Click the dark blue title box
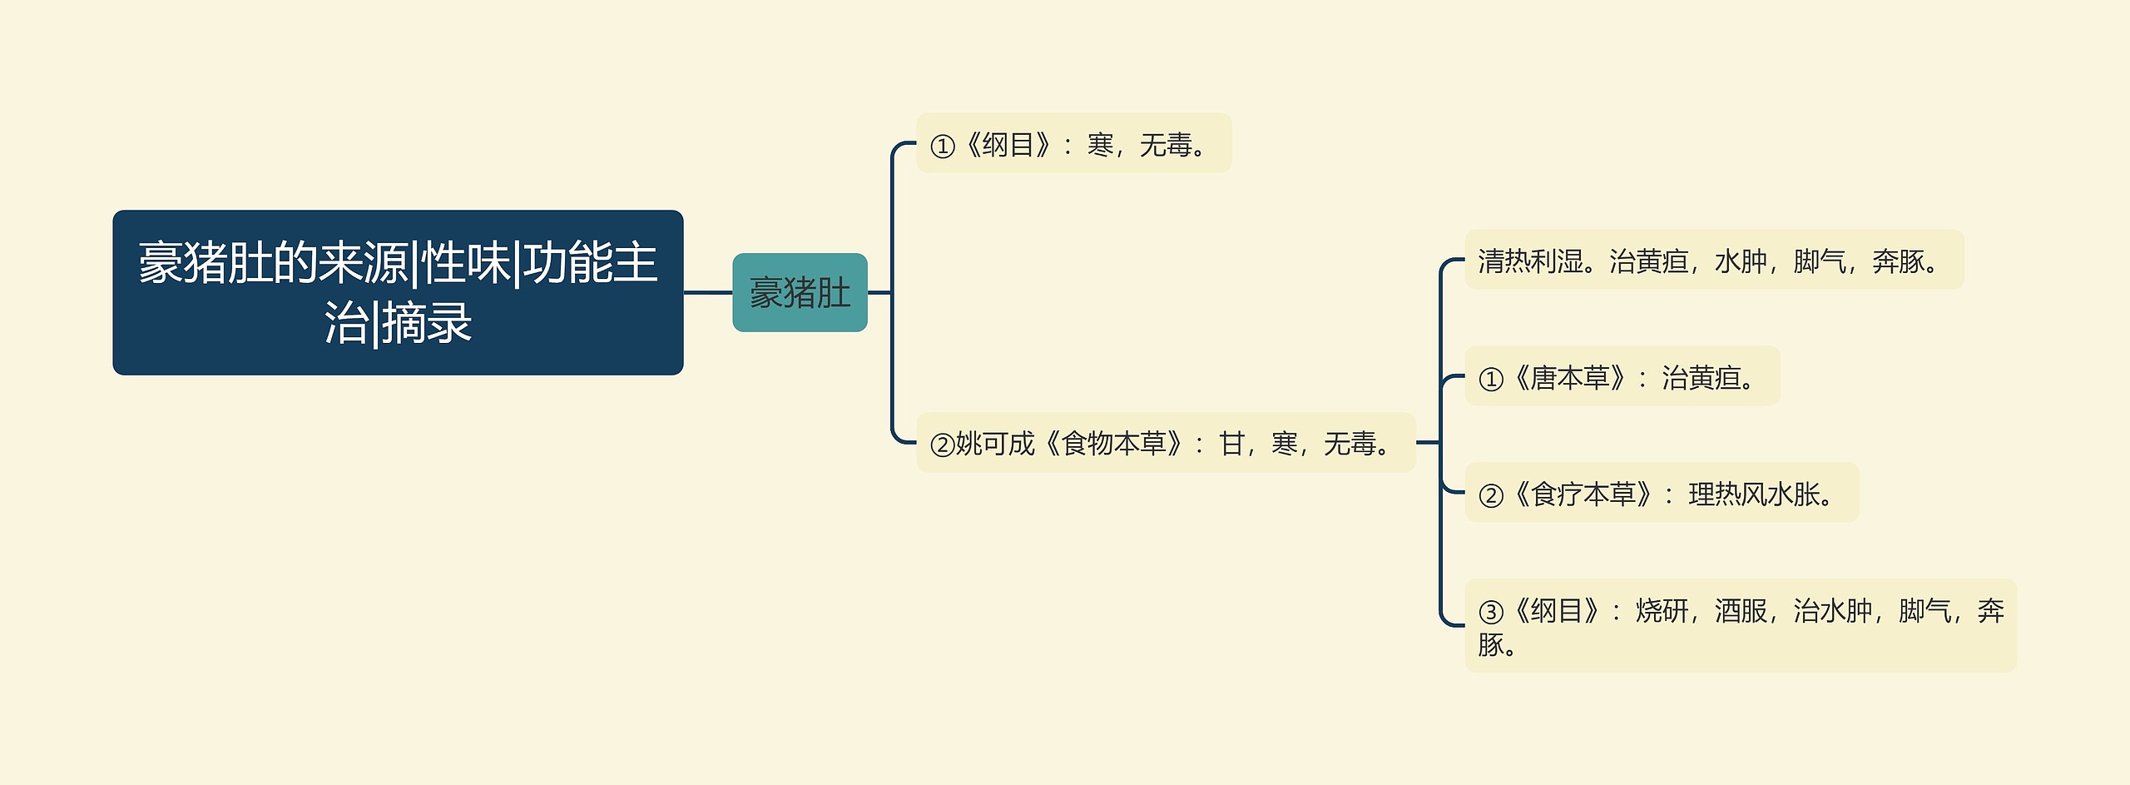398,292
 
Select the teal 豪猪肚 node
800,293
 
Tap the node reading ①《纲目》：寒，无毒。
1073,144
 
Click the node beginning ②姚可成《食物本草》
1165,443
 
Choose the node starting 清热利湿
1713,261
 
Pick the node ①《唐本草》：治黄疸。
1622,377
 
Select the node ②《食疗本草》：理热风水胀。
1661,494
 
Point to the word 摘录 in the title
427,323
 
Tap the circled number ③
1491,613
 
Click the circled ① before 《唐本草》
1491,380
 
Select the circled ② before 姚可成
942,445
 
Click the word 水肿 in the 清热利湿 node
1740,261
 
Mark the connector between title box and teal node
707,293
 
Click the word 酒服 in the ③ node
1740,611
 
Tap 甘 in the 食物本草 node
1231,444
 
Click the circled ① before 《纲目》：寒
942,147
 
